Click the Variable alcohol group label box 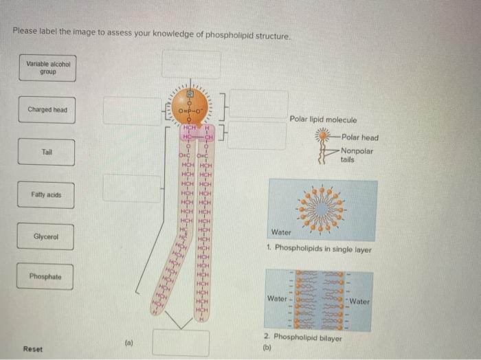(x=47, y=68)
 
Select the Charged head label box (x=47, y=110)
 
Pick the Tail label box (x=47, y=152)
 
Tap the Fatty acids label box (x=46, y=194)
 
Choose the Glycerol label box (x=46, y=237)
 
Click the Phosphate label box (x=45, y=277)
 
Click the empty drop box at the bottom (x=181, y=342)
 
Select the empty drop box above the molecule (x=191, y=65)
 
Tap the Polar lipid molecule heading (x=323, y=120)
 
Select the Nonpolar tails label (x=357, y=155)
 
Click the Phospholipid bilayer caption (x=304, y=337)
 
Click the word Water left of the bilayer (x=277, y=299)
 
